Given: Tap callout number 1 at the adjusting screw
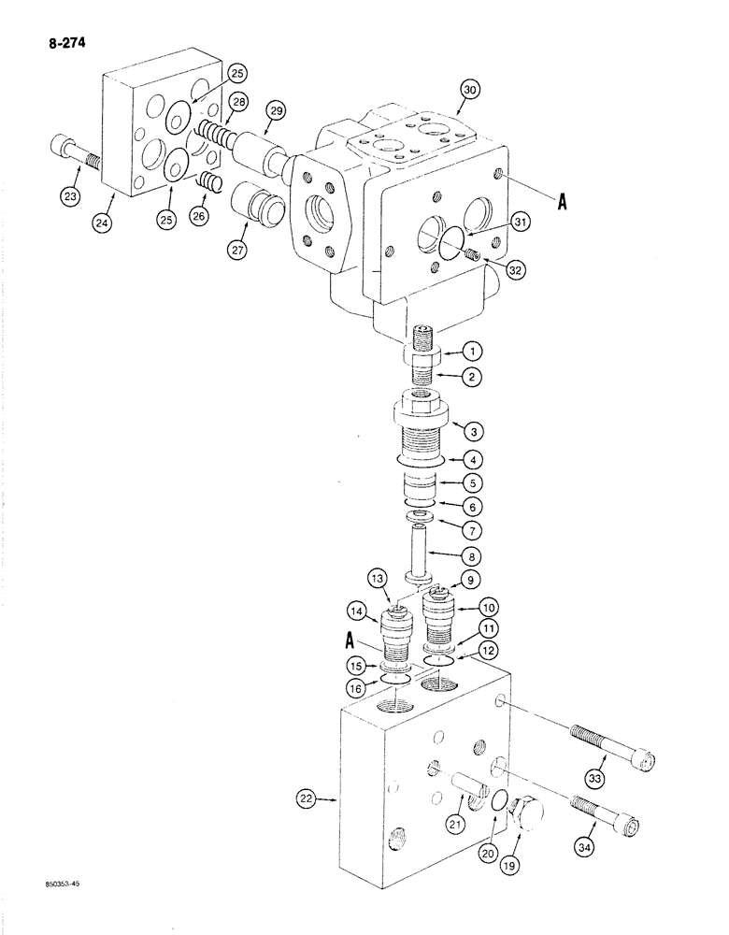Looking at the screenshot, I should (473, 352).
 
